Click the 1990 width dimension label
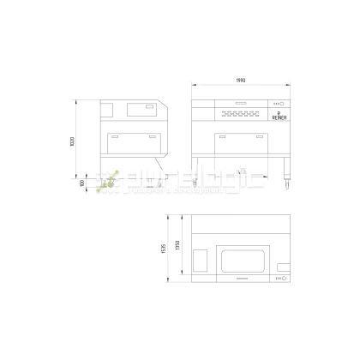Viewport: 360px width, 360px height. coord(240,81)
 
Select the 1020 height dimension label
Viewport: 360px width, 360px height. coord(74,141)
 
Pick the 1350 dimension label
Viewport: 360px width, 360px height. coord(177,247)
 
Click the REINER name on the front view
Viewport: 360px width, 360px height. coord(278,119)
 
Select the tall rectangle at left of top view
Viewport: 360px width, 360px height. coord(201,260)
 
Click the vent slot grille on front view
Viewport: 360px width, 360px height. coord(239,113)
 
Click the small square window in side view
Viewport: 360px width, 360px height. coord(108,110)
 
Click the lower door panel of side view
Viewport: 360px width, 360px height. coord(135,142)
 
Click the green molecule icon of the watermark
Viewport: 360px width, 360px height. coord(110,179)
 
